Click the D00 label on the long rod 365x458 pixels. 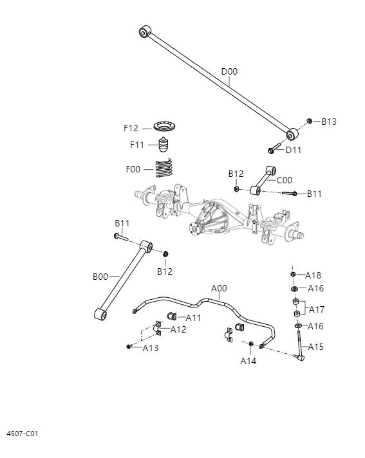pyautogui.click(x=229, y=71)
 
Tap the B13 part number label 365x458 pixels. pyautogui.click(x=329, y=122)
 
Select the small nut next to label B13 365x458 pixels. pyautogui.click(x=310, y=121)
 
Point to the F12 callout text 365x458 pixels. pyautogui.click(x=131, y=128)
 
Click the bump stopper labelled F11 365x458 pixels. pyautogui.click(x=167, y=144)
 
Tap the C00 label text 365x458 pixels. pyautogui.click(x=284, y=180)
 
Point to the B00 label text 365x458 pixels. pyautogui.click(x=100, y=277)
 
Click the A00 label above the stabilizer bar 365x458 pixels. pyautogui.click(x=219, y=289)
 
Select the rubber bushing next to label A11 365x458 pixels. pyautogui.click(x=173, y=316)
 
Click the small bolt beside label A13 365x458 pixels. pyautogui.click(x=129, y=347)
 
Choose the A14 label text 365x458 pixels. pyautogui.click(x=248, y=361)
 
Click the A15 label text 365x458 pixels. pyautogui.click(x=315, y=347)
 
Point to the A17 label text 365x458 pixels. pyautogui.click(x=317, y=309)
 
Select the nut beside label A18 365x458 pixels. pyautogui.click(x=294, y=275)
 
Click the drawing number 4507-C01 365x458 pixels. pyautogui.click(x=23, y=434)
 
